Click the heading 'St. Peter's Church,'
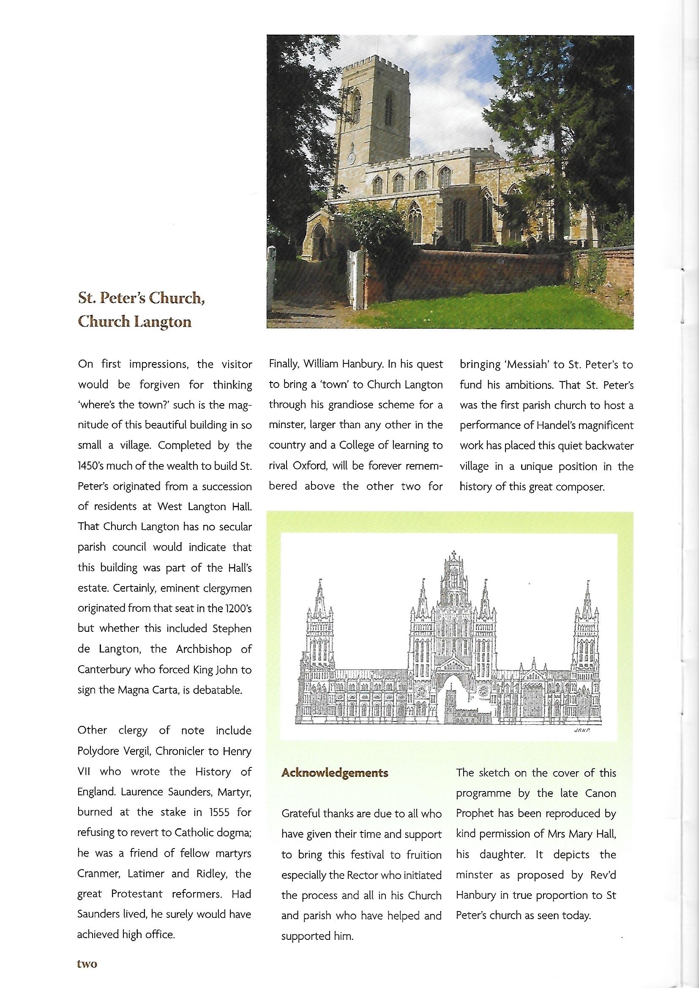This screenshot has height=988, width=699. point(141,298)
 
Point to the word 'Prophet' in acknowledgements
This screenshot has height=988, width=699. point(474,813)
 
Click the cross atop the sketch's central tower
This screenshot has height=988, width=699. point(453,554)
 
